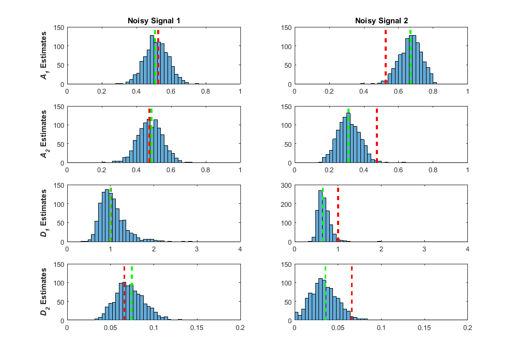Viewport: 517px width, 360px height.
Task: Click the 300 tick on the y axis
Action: point(285,185)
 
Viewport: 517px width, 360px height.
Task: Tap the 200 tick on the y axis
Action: point(285,204)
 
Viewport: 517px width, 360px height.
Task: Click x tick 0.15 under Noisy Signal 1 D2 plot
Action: point(197,328)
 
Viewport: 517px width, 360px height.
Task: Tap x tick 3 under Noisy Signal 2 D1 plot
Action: point(424,249)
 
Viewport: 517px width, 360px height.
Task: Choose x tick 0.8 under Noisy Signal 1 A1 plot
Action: point(206,92)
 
